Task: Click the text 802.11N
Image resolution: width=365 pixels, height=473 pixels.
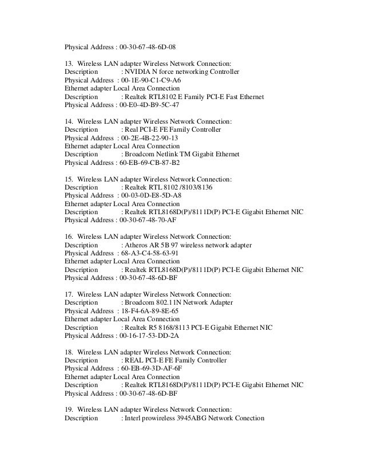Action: tap(171, 302)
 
